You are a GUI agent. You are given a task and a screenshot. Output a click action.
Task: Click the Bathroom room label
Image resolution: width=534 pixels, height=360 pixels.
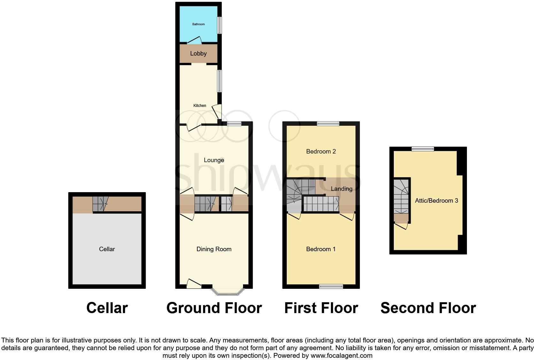point(198,24)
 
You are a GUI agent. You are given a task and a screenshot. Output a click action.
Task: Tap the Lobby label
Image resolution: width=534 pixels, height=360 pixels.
point(198,53)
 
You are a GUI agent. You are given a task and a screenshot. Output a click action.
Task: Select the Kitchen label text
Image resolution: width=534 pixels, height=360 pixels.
point(200,106)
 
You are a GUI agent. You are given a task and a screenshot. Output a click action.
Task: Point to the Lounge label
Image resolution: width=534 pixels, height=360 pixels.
point(214,160)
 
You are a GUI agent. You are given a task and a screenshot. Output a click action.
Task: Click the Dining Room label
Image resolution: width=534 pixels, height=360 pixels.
point(214,249)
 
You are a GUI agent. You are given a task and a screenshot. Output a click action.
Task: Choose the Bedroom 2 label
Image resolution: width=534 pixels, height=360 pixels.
point(321,151)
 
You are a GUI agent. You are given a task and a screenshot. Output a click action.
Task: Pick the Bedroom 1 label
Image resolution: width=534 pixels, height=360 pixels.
point(321,249)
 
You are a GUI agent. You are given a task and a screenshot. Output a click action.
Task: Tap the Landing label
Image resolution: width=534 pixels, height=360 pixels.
point(341,189)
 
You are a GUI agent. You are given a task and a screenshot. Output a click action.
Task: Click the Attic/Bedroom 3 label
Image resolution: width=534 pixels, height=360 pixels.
point(436,200)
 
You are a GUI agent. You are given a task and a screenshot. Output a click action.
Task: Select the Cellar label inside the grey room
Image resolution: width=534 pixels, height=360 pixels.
point(107,249)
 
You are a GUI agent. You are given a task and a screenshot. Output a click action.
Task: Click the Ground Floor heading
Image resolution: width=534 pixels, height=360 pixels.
point(214,308)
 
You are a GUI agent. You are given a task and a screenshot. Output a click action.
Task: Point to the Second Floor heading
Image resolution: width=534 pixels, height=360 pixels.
point(428,308)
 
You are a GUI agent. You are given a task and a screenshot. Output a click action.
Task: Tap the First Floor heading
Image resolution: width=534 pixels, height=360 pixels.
point(321,308)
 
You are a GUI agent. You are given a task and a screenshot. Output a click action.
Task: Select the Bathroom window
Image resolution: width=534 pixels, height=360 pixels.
point(219,25)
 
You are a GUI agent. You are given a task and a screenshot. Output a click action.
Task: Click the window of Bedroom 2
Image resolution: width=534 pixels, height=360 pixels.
point(328,124)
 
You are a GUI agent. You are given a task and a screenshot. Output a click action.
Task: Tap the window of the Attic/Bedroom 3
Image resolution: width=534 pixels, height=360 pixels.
point(423,149)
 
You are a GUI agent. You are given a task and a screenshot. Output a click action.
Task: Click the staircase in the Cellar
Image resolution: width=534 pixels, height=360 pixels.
point(100,204)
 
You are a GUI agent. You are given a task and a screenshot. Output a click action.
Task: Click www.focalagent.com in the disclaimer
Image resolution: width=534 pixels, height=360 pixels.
point(341,356)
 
